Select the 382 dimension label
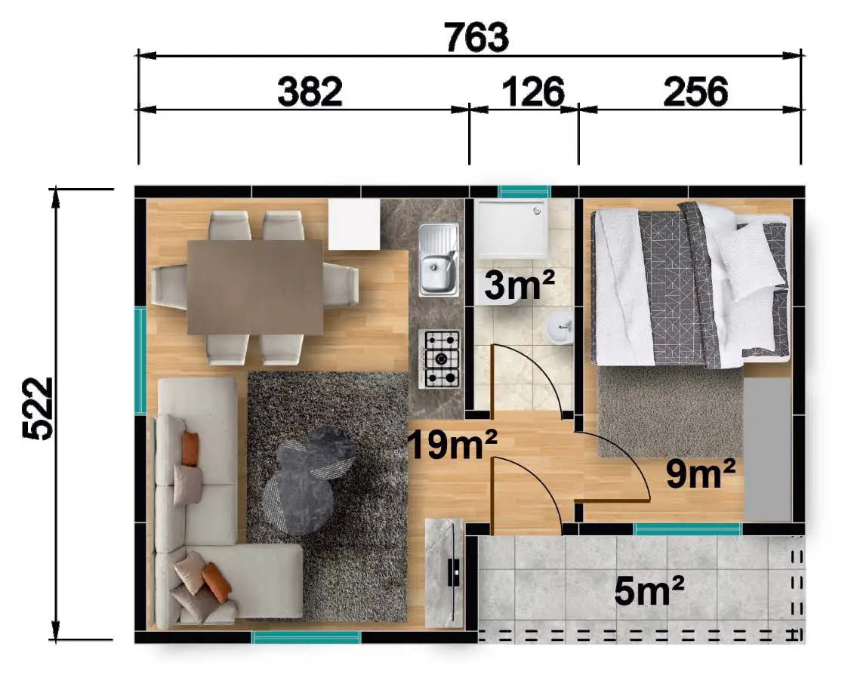[x=310, y=91]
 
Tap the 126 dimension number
[x=533, y=91]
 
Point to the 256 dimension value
[x=695, y=91]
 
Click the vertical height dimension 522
[x=38, y=408]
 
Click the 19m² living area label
[x=452, y=445]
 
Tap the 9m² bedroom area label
[x=701, y=473]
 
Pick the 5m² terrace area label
[x=649, y=590]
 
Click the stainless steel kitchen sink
[x=439, y=259]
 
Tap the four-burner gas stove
[x=439, y=359]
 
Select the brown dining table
[x=255, y=287]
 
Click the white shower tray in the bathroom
[x=511, y=229]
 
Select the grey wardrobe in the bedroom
[x=767, y=449]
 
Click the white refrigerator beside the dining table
[x=354, y=224]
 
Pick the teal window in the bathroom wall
[x=525, y=192]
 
